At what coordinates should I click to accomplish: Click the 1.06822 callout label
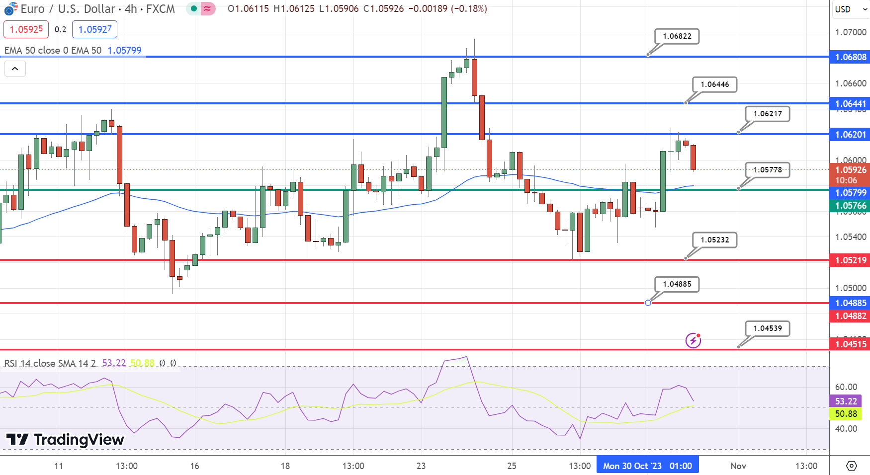point(677,36)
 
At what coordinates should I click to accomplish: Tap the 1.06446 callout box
point(714,84)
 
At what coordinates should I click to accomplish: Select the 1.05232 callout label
point(714,240)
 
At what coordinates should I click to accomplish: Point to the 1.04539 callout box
point(767,328)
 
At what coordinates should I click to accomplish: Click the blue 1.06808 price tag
point(850,57)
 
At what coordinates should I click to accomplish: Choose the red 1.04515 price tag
point(850,344)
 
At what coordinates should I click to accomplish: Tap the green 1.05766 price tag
point(850,206)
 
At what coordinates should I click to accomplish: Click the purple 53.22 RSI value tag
point(846,401)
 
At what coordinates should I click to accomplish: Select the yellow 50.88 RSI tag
point(846,414)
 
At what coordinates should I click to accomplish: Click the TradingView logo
point(65,440)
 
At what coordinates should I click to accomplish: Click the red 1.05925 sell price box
point(26,29)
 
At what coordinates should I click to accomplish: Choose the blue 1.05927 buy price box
point(95,29)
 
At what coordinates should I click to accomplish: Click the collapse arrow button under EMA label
point(15,69)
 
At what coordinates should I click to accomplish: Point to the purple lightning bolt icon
point(693,340)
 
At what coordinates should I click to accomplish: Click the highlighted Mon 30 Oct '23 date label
point(647,466)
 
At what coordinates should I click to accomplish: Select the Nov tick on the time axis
point(738,466)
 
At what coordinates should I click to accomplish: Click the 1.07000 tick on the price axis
point(850,32)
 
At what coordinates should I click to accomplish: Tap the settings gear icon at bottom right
point(852,466)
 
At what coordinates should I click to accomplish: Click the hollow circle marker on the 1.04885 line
point(648,303)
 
